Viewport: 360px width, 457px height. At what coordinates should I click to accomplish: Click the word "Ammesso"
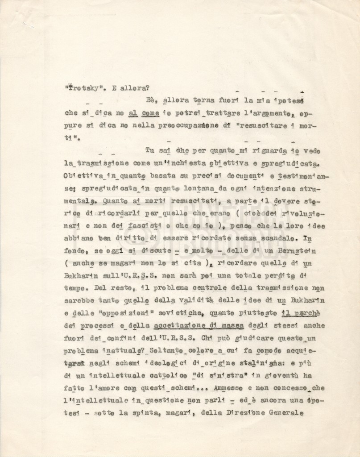tap(230, 388)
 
